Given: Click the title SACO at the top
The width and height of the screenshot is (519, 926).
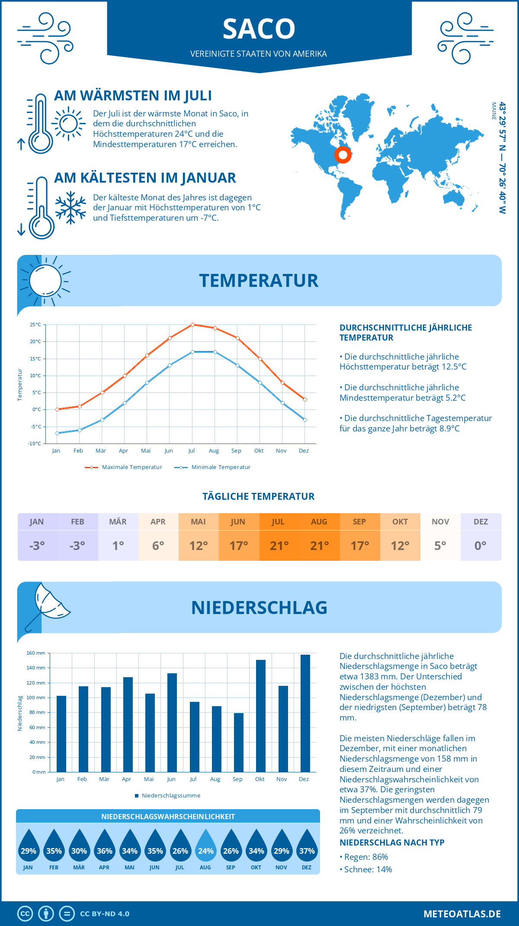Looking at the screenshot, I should [259, 29].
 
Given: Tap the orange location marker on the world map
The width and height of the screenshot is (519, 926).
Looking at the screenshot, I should [343, 154].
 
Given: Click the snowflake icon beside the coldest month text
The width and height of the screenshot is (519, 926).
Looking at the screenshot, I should [70, 207].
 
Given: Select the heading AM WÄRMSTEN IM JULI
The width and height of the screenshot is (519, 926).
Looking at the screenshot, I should [133, 96].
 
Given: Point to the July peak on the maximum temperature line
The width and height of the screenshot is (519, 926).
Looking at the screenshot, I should [192, 325].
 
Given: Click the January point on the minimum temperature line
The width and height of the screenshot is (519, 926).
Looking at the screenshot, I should [57, 433].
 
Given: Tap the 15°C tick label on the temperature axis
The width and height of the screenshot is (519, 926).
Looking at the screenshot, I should [35, 359].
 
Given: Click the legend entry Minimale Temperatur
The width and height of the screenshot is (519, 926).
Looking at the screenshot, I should [221, 467].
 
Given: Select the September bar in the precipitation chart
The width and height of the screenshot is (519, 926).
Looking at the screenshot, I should [238, 743].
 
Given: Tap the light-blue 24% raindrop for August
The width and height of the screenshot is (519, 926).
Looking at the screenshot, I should [205, 847].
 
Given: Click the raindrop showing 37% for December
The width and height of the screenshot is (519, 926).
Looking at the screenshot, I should [307, 847].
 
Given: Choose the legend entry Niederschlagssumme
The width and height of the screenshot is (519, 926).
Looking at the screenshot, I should [170, 796].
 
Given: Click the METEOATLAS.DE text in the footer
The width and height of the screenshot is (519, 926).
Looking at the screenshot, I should [462, 914].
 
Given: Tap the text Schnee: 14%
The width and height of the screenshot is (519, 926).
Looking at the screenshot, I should [368, 869].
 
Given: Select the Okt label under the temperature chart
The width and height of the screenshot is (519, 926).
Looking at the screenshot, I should [259, 451].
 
